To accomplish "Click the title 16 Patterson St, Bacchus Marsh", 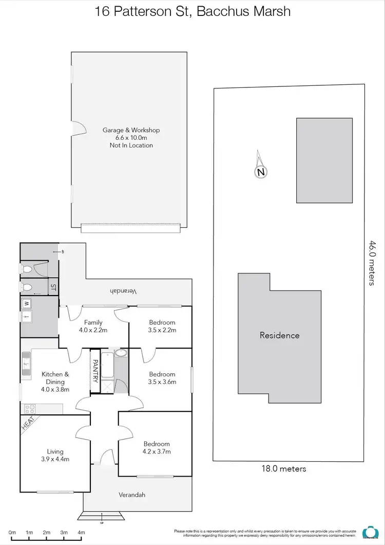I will pos(192,11).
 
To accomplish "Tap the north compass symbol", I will pos(261,172).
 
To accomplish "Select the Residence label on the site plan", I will pos(279,335).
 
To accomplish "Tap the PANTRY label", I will pos(95,371).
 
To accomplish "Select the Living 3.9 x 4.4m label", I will pos(55,456).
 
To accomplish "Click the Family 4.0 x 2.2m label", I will pos(93,326).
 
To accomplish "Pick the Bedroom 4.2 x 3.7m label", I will pos(157,447).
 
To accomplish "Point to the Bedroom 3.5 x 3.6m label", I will pos(162,378).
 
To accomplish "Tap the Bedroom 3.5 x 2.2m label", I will pos(162,326).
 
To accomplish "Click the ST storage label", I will pos(52,287).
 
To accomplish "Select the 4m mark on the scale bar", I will pos(81,533).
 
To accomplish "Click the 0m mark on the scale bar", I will pos(12,533).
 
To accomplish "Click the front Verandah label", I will pos(132,495).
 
